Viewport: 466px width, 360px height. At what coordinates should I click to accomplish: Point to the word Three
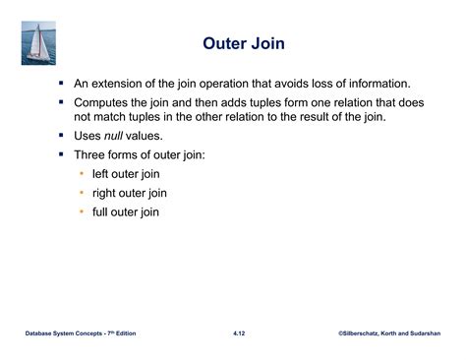(x=91, y=154)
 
